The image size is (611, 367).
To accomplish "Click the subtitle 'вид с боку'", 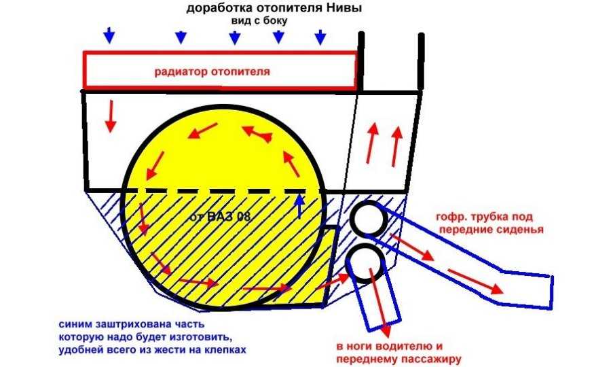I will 261,21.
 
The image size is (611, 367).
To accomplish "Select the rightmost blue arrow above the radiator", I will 320,36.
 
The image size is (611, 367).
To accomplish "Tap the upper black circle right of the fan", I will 369,218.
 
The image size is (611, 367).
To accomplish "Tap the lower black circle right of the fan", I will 367,262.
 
